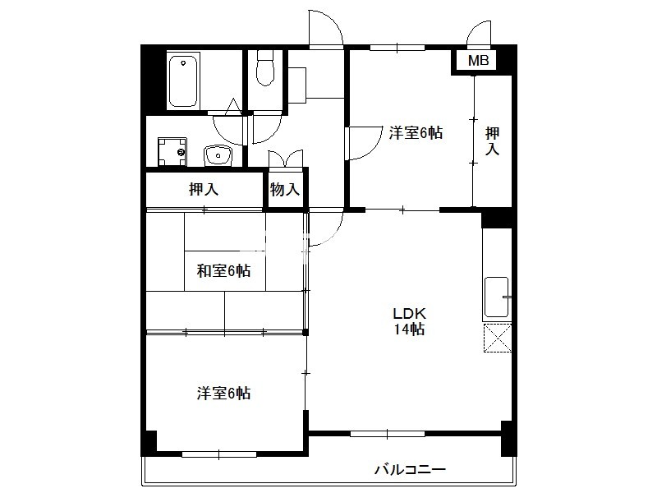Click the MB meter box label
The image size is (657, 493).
(x=478, y=61)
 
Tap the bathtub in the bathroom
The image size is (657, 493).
(x=183, y=81)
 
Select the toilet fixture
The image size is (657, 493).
(x=264, y=68)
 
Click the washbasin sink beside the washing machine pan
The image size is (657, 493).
(x=218, y=155)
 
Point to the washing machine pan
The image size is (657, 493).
(x=172, y=151)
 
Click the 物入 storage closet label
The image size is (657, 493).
(x=285, y=190)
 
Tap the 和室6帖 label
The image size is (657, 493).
(x=223, y=271)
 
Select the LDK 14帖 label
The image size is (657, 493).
(x=409, y=321)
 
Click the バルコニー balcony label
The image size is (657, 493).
(x=410, y=469)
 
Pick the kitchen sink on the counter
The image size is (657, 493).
(x=497, y=297)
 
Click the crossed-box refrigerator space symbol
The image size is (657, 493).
(x=498, y=338)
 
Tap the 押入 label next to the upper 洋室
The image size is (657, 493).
(x=492, y=141)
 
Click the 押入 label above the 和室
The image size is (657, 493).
(x=204, y=190)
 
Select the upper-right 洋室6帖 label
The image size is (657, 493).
(x=416, y=133)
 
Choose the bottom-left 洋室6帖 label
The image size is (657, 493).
(x=223, y=394)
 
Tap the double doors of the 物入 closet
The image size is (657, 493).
(x=285, y=159)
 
